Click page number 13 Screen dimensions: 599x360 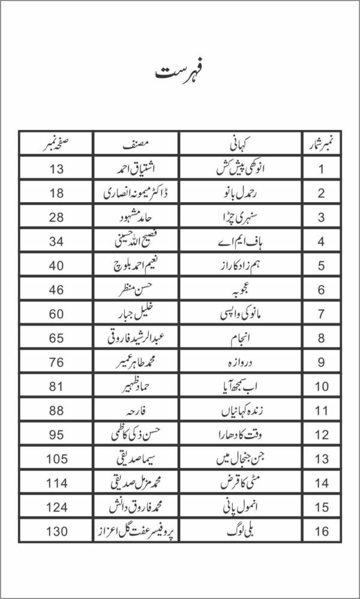point(56,168)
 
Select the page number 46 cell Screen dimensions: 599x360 point(56,290)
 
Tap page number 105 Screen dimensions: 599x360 point(56,459)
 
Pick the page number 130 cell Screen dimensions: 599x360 point(56,531)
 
